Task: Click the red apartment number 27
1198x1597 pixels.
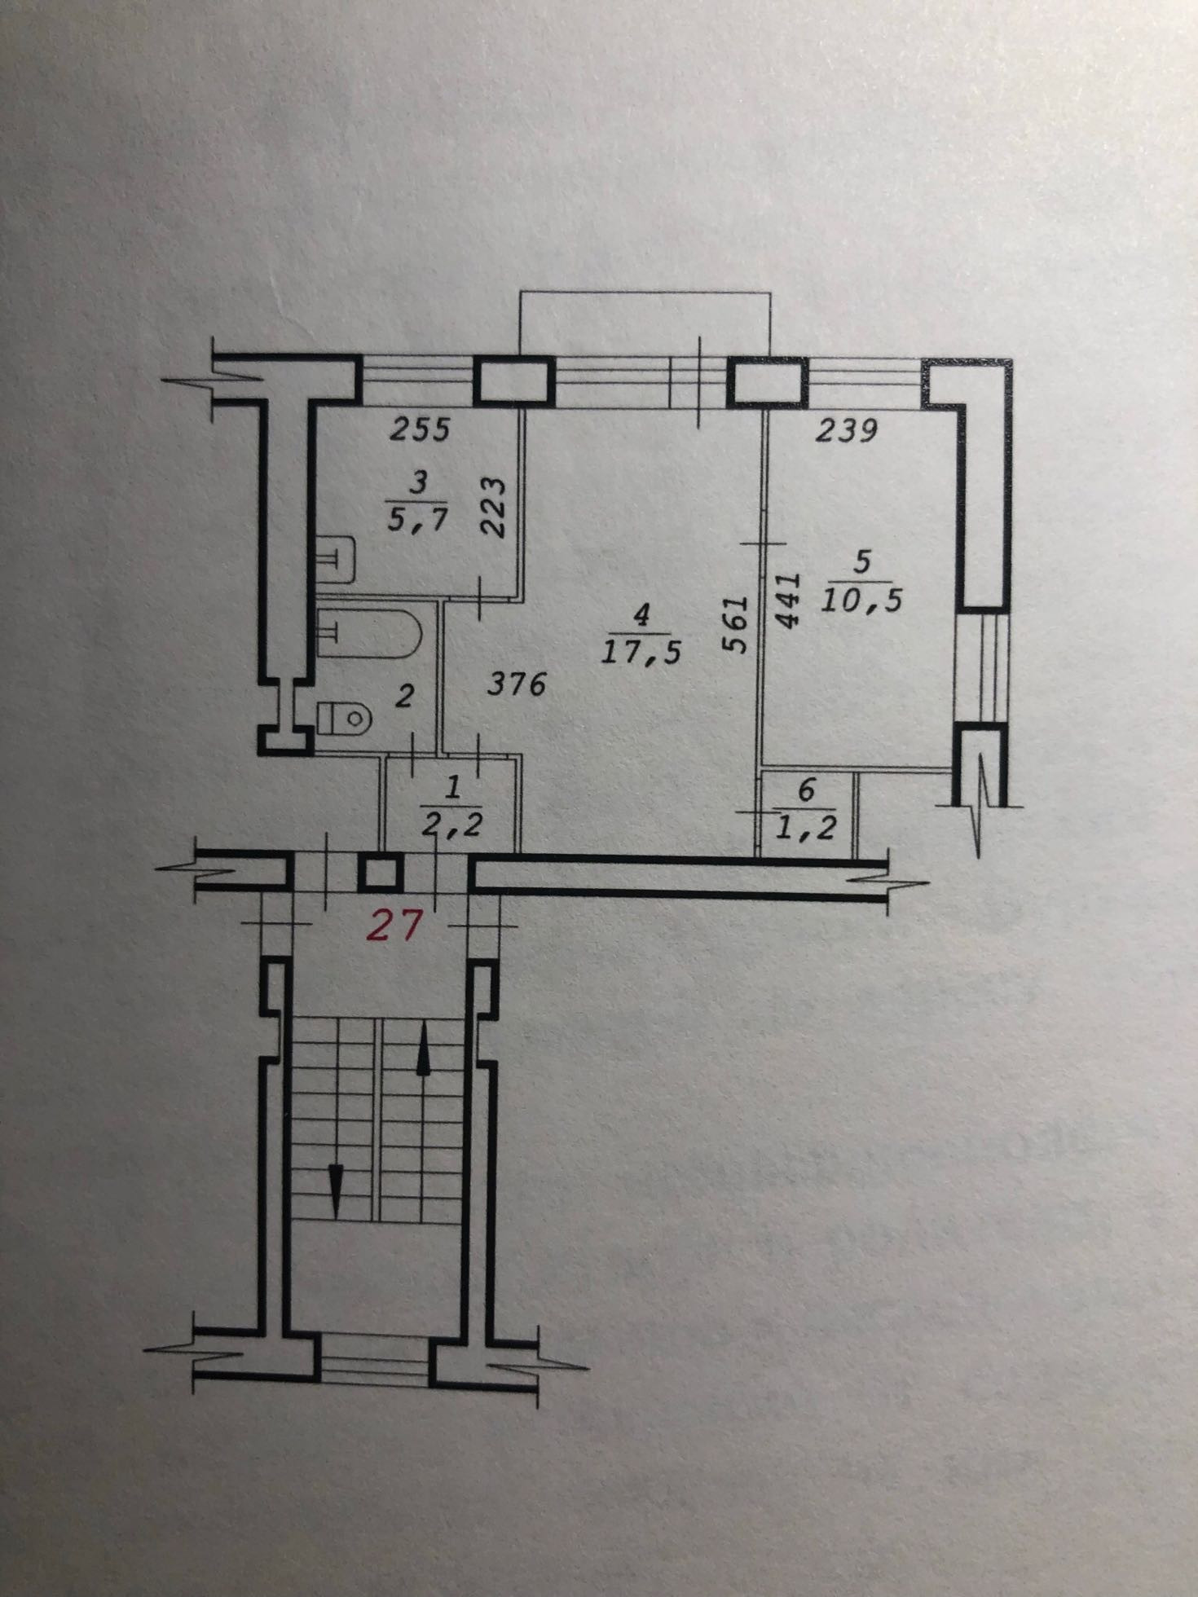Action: click(x=395, y=926)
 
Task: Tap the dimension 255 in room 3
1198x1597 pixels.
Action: click(x=420, y=429)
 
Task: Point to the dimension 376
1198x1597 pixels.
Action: click(x=516, y=684)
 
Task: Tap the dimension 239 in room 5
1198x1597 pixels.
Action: click(x=847, y=429)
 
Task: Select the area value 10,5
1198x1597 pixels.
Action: click(x=862, y=601)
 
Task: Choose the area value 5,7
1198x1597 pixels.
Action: click(x=417, y=519)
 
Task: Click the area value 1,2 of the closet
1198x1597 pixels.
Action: click(x=806, y=827)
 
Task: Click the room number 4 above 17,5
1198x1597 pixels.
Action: click(x=642, y=615)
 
